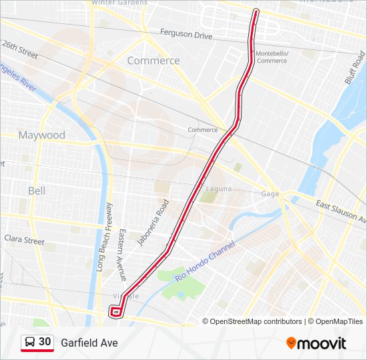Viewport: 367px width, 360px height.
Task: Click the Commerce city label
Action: click(x=153, y=61)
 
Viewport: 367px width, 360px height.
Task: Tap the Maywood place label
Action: click(x=41, y=135)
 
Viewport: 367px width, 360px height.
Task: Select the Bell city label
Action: click(x=37, y=191)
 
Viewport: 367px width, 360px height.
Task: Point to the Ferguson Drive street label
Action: click(x=186, y=33)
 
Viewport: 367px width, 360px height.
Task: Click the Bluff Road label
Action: click(x=355, y=69)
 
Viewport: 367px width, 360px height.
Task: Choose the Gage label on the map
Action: click(x=270, y=194)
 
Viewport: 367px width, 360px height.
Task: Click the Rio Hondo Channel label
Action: click(x=206, y=260)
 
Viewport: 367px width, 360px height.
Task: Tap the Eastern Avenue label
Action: click(x=121, y=255)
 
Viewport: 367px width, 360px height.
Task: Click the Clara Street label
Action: click(x=24, y=239)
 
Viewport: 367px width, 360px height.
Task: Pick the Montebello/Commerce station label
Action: click(x=272, y=57)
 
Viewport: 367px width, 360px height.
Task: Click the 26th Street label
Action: click(x=20, y=49)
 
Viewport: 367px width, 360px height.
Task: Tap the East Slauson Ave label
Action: click(x=341, y=211)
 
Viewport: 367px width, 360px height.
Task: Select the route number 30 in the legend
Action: click(x=45, y=342)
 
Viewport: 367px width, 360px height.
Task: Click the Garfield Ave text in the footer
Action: click(x=89, y=343)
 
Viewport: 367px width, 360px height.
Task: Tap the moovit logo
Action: click(x=316, y=343)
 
